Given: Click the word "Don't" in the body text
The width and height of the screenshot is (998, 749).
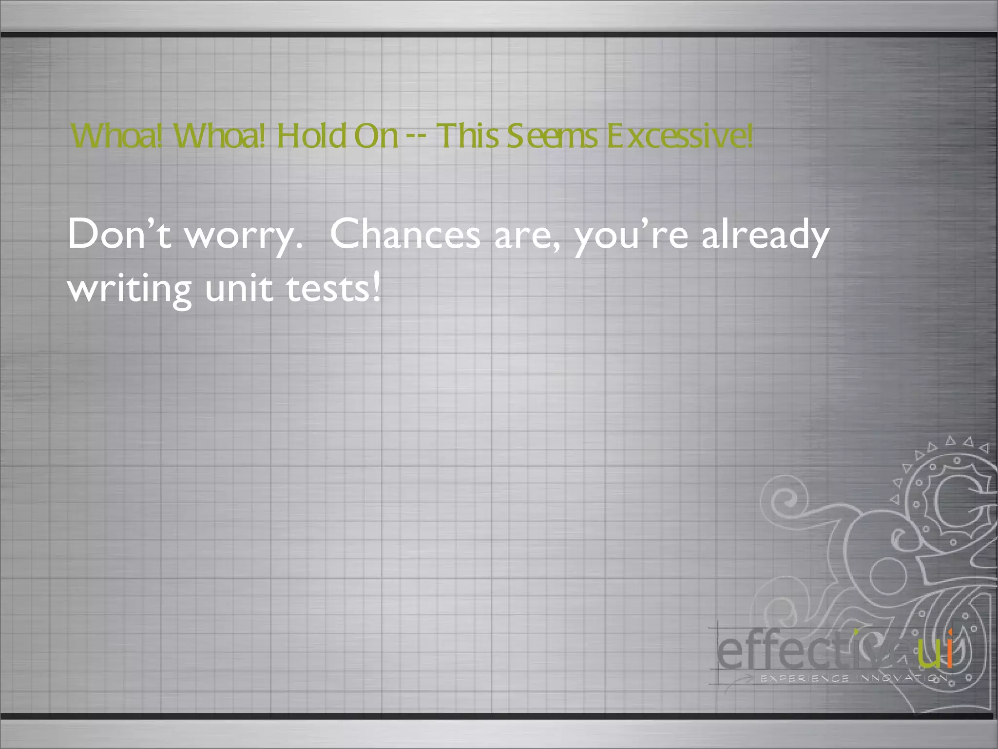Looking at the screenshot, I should [119, 234].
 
